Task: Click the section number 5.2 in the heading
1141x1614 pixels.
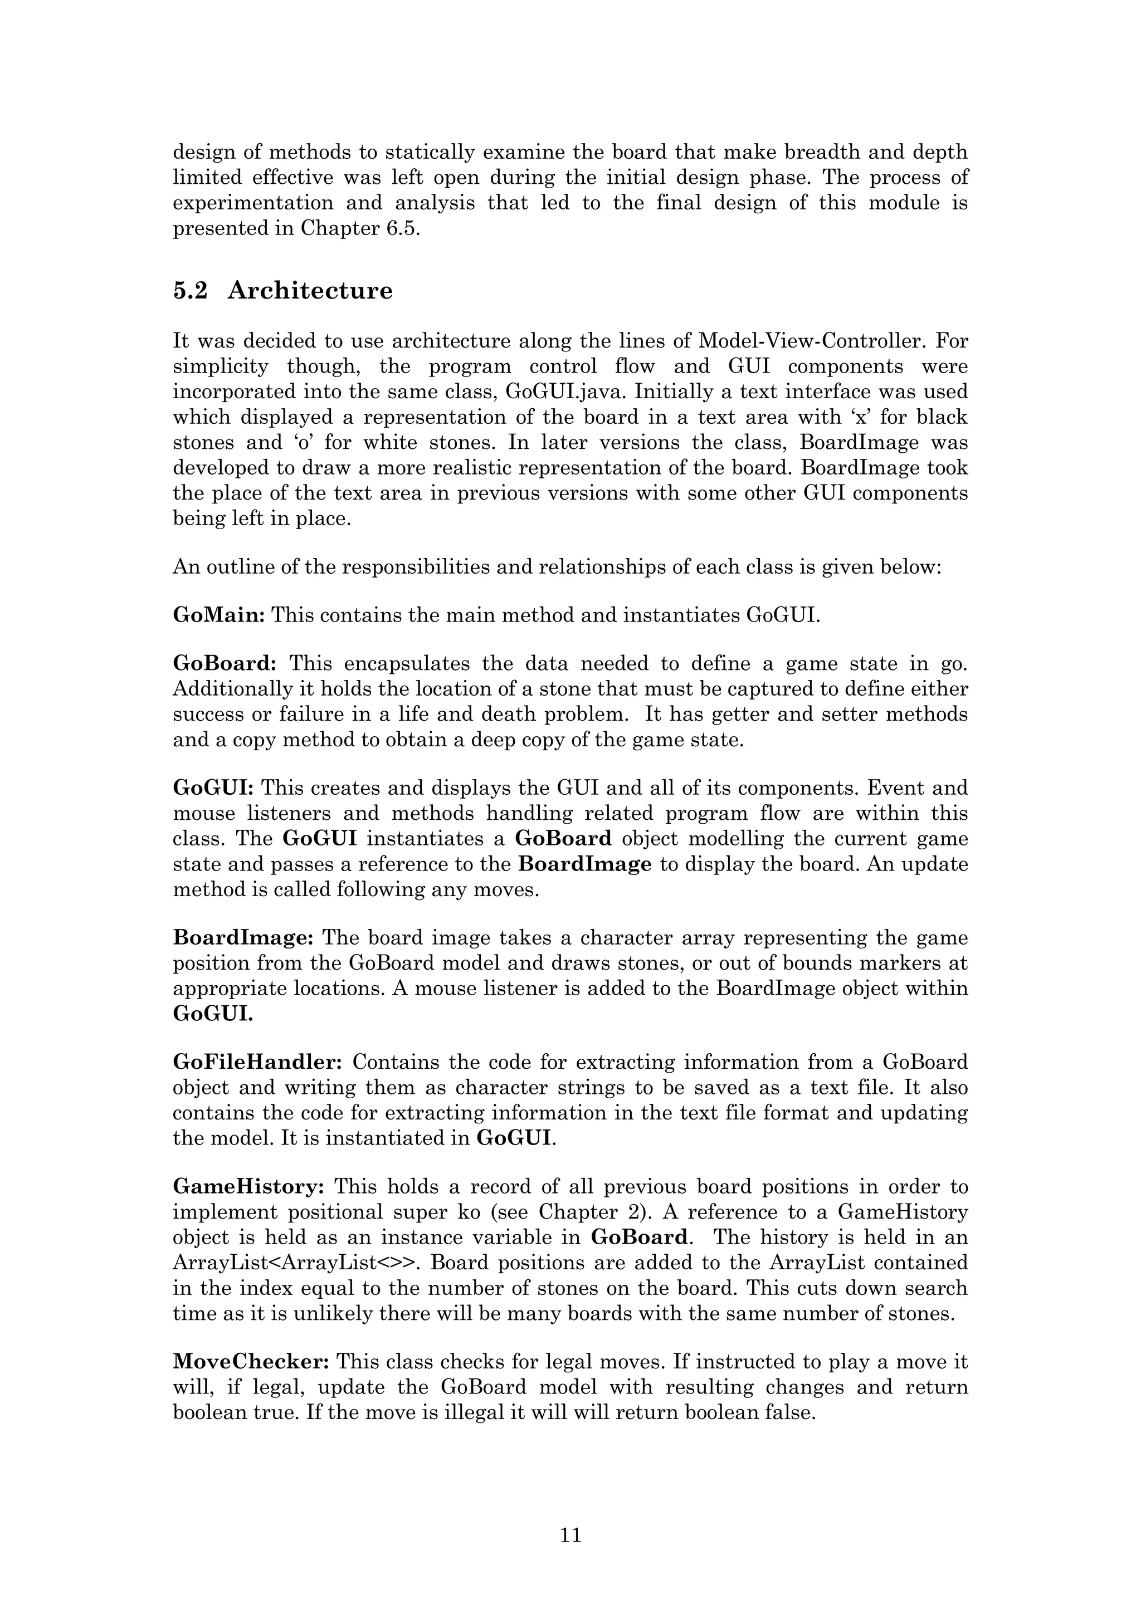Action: coord(190,290)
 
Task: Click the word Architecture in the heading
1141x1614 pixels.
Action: coord(310,290)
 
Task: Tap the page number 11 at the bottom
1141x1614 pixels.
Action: coord(570,1534)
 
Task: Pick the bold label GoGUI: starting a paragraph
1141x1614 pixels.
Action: coord(213,788)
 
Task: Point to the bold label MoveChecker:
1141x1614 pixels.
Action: coord(251,1362)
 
